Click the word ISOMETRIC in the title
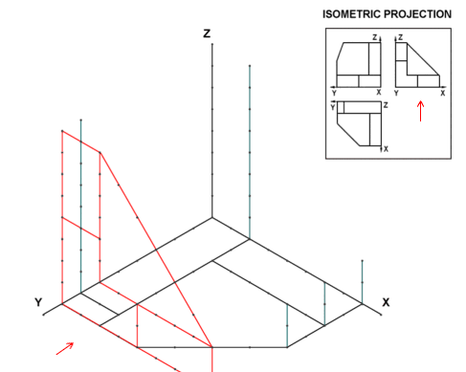click(351, 14)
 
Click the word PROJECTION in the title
click(417, 14)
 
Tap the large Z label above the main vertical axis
click(207, 33)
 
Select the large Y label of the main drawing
click(38, 302)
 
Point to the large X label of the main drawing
click(386, 302)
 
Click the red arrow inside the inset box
click(421, 111)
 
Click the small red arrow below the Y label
click(65, 348)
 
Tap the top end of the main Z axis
click(212, 44)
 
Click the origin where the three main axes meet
click(212, 218)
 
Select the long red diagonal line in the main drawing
click(156, 250)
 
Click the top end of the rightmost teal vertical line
click(362, 261)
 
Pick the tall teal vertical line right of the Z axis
click(250, 152)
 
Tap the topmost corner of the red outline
click(62, 131)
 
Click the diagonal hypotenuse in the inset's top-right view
click(423, 59)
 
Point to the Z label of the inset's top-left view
click(375, 37)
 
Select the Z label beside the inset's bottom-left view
click(386, 105)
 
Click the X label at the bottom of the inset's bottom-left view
click(386, 149)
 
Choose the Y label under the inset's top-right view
click(396, 93)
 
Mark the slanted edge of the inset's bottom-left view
click(348, 134)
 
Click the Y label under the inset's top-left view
click(334, 93)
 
